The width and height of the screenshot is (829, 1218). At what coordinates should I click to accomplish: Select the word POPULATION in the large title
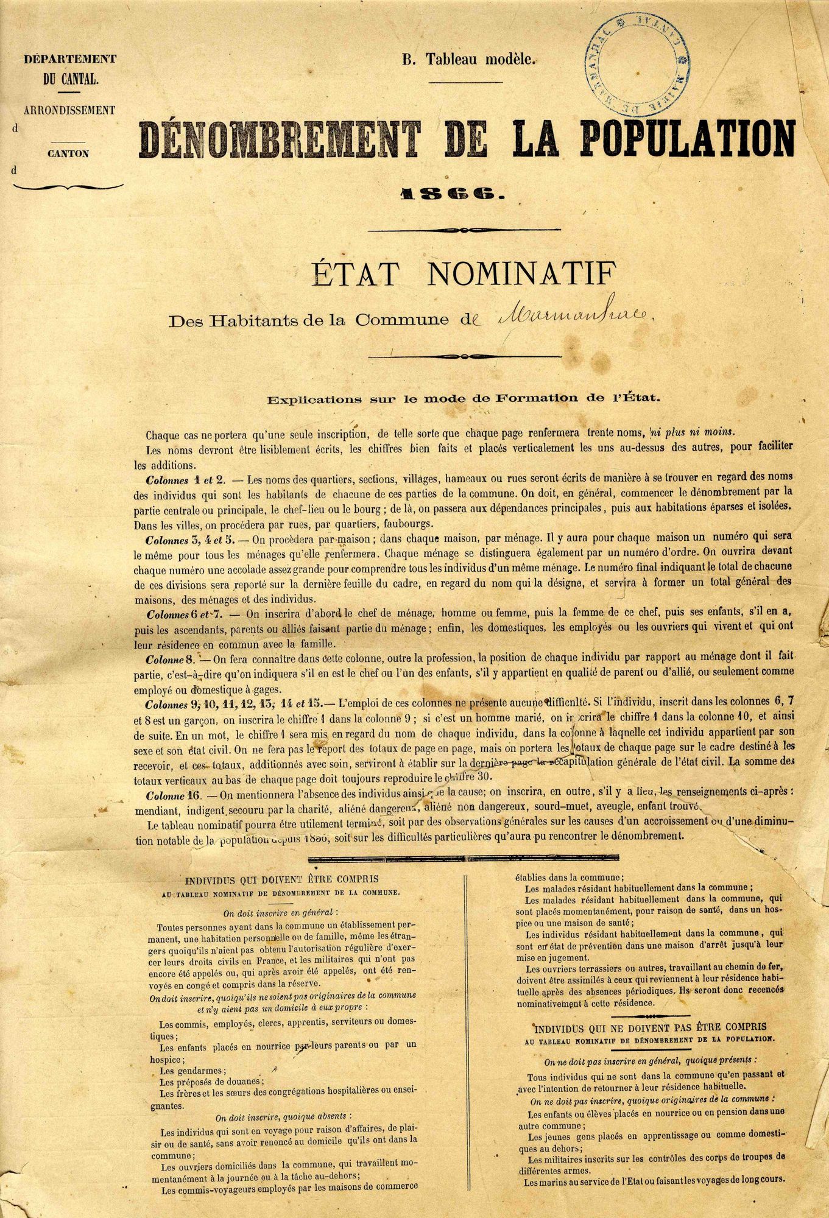coord(688,138)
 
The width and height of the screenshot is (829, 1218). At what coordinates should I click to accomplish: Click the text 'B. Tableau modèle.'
coord(468,60)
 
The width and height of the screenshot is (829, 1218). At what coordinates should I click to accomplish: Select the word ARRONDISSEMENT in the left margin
coord(69,110)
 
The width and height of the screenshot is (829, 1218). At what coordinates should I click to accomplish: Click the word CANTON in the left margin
coord(68,153)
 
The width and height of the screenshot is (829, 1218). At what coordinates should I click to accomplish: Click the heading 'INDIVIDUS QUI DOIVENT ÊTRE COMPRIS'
coord(281,879)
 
